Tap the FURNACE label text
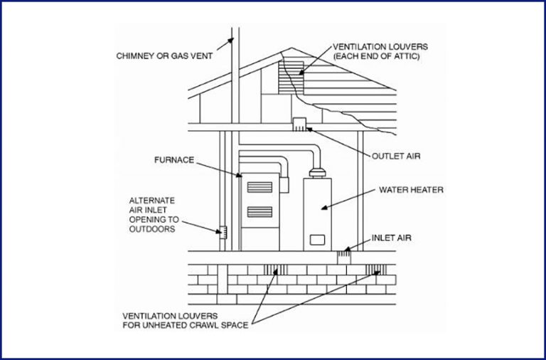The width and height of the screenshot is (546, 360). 174,160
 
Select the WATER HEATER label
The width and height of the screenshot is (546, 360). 411,190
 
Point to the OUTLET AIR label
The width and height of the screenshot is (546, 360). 392,155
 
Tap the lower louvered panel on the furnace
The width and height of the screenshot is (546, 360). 259,212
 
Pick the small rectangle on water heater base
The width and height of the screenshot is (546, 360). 318,239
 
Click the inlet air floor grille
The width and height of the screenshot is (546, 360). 346,251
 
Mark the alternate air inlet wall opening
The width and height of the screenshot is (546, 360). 223,232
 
